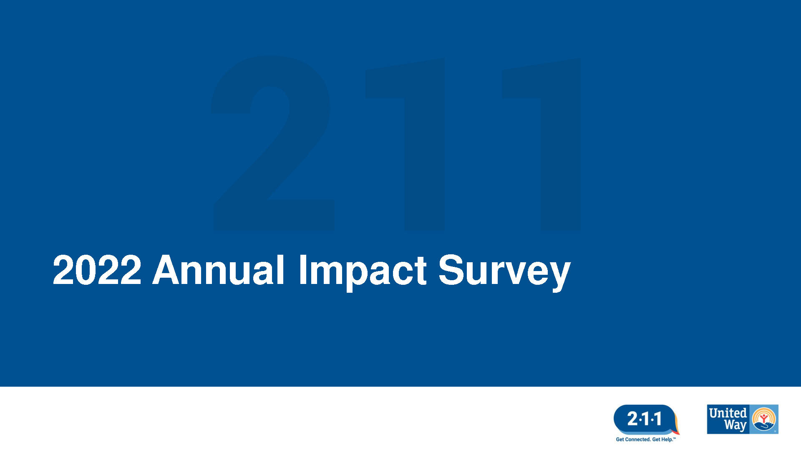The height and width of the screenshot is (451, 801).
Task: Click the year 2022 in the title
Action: click(x=97, y=270)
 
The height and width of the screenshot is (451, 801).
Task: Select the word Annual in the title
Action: click(x=219, y=270)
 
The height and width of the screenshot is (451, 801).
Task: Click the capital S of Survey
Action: click(x=452, y=270)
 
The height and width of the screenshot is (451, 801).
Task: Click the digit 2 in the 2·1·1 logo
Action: click(x=632, y=419)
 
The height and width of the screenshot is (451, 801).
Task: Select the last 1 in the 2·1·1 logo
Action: click(x=658, y=419)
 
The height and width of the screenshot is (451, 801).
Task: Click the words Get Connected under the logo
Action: click(x=633, y=439)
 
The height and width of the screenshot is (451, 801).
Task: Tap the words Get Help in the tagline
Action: click(x=662, y=439)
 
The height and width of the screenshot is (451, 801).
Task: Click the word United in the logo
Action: click(x=728, y=413)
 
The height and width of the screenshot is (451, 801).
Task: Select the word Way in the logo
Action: click(x=735, y=426)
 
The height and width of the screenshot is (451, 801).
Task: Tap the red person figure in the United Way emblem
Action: click(x=763, y=418)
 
